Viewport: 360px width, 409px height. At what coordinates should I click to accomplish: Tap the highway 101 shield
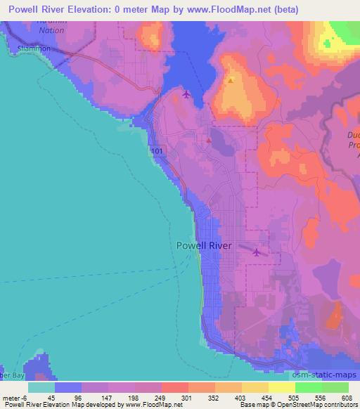(156, 150)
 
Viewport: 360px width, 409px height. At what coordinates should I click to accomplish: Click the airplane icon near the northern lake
(186, 93)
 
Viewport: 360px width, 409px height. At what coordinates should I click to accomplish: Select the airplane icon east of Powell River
(257, 252)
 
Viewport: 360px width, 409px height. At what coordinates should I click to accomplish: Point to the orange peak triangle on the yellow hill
(231, 80)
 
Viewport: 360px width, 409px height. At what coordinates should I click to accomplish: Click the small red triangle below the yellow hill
(209, 140)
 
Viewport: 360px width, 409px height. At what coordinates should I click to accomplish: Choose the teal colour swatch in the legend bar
(41, 387)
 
